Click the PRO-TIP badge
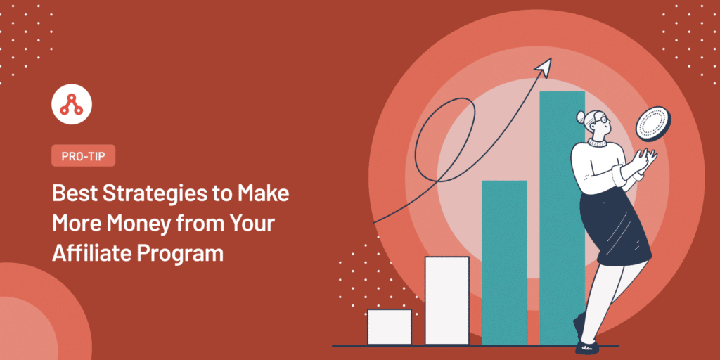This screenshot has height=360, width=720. (x=83, y=155)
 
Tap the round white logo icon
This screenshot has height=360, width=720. (x=72, y=104)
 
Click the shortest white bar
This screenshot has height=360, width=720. (x=390, y=327)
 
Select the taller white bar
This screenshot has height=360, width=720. (x=446, y=300)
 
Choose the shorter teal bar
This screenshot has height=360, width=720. (x=504, y=263)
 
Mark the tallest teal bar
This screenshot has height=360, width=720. (x=562, y=218)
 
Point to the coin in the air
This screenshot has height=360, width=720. (x=653, y=124)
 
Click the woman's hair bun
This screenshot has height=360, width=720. (x=581, y=118)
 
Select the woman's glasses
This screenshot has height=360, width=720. (x=603, y=120)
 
